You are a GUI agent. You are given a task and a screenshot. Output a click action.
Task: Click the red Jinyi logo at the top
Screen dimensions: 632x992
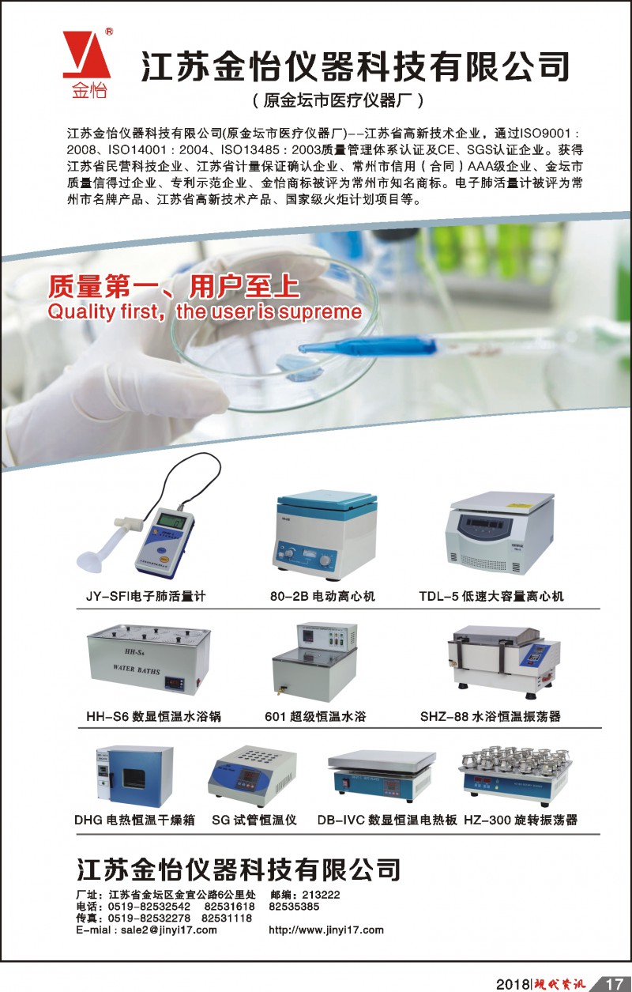coord(86,64)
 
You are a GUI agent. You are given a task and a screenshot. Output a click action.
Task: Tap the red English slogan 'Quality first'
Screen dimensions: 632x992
coord(103,311)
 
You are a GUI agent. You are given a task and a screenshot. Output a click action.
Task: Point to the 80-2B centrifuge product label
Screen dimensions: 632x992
coord(322,596)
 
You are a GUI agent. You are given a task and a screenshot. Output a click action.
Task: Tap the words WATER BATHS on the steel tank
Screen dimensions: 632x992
coord(137,670)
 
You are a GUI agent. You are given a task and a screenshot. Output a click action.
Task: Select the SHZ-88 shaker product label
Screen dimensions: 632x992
coord(491,716)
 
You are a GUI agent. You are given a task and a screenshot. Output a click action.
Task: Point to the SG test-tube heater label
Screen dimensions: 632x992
coord(254,820)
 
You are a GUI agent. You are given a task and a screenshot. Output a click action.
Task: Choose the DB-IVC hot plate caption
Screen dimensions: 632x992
coord(387,820)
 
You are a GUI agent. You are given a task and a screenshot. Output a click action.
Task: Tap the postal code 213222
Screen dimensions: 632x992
coord(321,895)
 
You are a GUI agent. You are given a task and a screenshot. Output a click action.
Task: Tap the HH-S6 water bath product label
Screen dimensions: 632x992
coord(153,716)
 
